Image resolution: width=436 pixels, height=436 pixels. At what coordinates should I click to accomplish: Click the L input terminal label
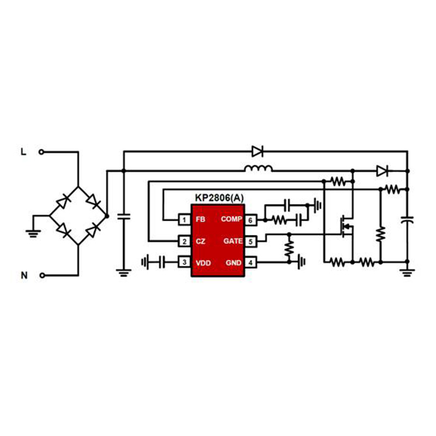23,152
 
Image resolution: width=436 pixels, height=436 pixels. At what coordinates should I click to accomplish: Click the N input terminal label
24,275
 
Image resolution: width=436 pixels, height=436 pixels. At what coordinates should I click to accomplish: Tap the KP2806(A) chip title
220,198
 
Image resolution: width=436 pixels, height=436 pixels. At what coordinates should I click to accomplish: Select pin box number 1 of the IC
184,220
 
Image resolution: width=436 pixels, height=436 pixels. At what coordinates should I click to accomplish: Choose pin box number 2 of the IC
184,241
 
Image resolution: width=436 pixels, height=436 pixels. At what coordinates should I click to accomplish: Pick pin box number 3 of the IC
184,262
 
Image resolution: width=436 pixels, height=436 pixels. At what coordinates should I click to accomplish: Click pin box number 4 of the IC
251,263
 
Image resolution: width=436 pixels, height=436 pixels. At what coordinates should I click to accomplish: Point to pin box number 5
251,241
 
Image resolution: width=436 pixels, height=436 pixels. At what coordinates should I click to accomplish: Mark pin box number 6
251,220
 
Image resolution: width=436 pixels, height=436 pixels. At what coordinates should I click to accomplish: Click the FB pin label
201,220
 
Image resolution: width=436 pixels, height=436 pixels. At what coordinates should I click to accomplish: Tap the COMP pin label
231,219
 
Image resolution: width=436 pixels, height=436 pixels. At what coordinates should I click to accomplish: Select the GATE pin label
233,241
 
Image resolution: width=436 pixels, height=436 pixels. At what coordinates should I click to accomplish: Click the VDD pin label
203,263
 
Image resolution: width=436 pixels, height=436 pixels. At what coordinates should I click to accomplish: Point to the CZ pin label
201,241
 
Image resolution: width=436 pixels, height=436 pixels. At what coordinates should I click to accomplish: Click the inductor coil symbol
258,168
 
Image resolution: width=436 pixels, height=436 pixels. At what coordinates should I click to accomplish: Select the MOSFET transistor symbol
347,227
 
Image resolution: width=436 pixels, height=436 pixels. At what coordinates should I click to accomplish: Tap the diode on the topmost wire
257,152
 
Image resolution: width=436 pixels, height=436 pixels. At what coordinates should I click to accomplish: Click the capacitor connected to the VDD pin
162,262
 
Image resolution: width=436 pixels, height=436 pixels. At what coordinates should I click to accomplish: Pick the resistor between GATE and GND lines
289,248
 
